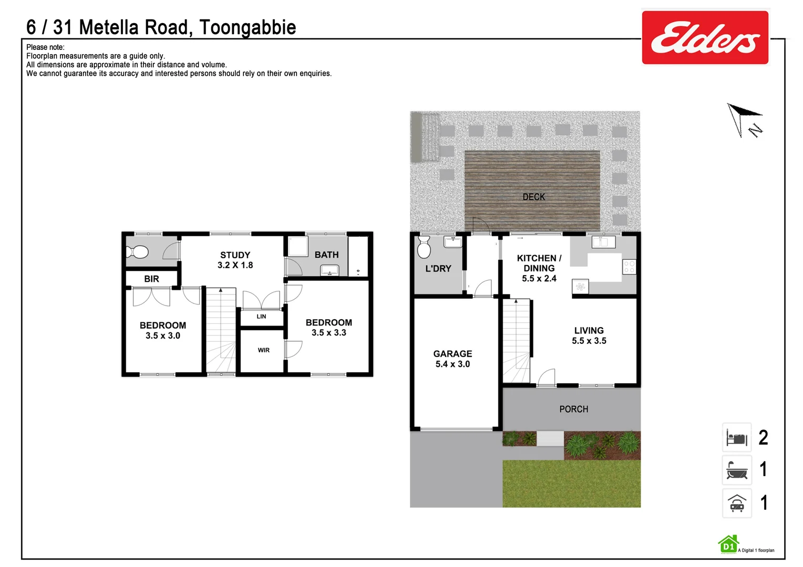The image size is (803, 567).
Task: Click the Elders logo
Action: pos(705,38)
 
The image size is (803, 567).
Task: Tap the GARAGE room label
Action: pos(452,354)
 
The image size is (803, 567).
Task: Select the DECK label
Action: pos(533,197)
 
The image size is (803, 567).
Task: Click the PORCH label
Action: pos(573,409)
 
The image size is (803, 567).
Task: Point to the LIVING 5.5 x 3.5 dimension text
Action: pos(589,341)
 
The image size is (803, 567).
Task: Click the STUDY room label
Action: pos(235,255)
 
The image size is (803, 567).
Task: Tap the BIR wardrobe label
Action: pos(151,279)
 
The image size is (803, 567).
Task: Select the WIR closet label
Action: pos(263,350)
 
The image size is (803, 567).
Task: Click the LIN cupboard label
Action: pos(261,317)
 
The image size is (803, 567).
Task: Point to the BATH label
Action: pos(326,255)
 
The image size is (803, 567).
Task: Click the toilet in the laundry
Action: pos(424,247)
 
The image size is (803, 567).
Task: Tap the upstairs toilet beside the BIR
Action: pos(137,252)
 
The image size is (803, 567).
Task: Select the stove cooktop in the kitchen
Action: pos(629,267)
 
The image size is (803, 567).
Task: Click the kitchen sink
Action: pos(603,242)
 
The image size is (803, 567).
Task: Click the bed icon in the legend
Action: pos(737,438)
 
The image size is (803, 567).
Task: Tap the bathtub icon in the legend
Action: pos(737,470)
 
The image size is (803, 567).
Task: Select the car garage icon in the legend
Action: pos(737,503)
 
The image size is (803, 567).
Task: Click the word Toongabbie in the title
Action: pos(248,27)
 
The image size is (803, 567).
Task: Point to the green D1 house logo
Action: pos(728,545)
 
